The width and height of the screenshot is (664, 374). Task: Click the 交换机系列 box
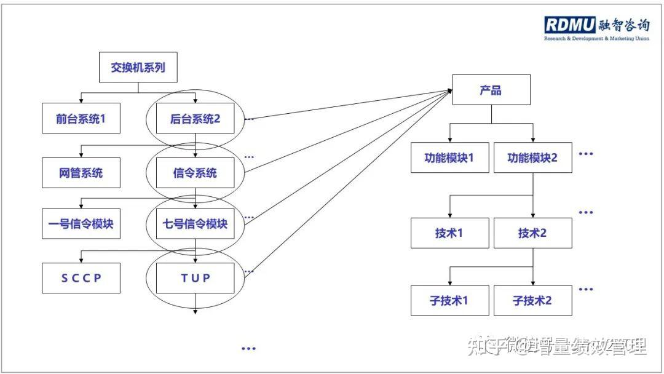pyautogui.click(x=138, y=68)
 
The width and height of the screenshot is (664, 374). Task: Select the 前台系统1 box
pyautogui.click(x=81, y=119)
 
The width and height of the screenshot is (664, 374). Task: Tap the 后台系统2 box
pyautogui.click(x=195, y=119)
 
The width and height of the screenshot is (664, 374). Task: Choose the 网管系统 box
pyautogui.click(x=81, y=173)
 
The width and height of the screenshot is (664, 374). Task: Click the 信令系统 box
pyautogui.click(x=195, y=173)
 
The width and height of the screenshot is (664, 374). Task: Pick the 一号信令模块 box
pyautogui.click(x=81, y=224)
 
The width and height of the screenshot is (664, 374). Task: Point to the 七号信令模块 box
pyautogui.click(x=195, y=224)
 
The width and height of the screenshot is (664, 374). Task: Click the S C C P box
pyautogui.click(x=81, y=277)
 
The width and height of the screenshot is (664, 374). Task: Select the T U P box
pyautogui.click(x=195, y=277)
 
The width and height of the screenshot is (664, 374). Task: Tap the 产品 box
pyautogui.click(x=491, y=90)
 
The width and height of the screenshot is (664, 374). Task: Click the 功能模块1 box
pyautogui.click(x=449, y=157)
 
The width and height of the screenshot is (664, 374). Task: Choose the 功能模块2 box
pyautogui.click(x=532, y=157)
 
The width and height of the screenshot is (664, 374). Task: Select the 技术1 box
pyautogui.click(x=449, y=233)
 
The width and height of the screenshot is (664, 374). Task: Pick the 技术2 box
pyautogui.click(x=532, y=233)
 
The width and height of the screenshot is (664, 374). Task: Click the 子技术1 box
pyautogui.click(x=449, y=301)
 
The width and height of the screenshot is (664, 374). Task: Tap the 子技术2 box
pyautogui.click(x=532, y=301)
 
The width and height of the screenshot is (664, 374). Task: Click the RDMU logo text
pyautogui.click(x=569, y=25)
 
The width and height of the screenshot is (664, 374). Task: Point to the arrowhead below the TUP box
pyautogui.click(x=195, y=311)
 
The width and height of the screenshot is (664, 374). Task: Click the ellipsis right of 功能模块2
pyautogui.click(x=586, y=154)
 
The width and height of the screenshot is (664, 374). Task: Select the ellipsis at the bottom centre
pyautogui.click(x=248, y=349)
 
